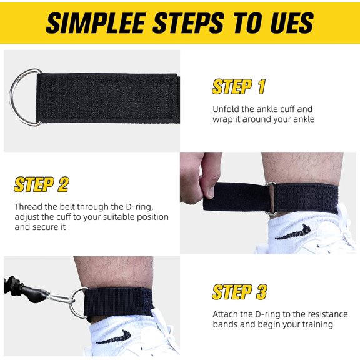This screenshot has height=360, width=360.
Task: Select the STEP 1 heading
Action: [x=239, y=87]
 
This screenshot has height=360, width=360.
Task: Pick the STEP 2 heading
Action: [x=41, y=184]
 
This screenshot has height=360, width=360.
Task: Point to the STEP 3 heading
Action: [x=239, y=291]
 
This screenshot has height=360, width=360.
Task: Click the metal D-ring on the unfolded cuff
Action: [x=24, y=97]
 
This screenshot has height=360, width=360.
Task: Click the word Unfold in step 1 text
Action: [x=226, y=109]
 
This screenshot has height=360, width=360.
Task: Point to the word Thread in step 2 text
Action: [x=29, y=206]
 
